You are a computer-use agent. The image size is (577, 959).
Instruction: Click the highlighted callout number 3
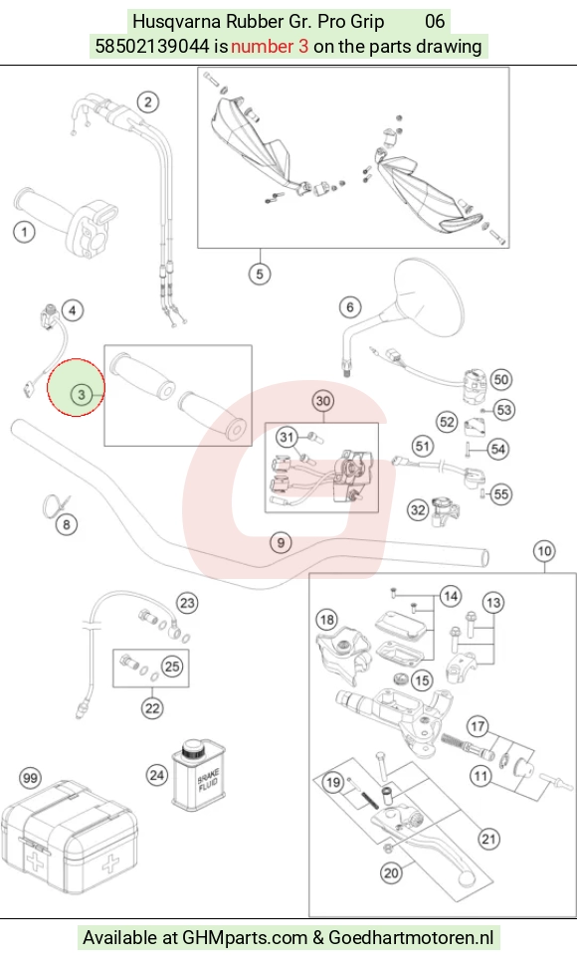(82, 395)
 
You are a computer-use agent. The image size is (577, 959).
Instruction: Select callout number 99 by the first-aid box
(30, 778)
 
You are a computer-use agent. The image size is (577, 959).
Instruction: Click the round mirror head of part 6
(430, 296)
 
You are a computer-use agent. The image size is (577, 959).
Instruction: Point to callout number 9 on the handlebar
(281, 542)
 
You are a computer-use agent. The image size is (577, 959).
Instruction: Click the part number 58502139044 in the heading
(152, 47)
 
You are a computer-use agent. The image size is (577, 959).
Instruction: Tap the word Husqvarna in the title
(177, 22)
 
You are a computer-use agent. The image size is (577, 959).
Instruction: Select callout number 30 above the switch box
(323, 401)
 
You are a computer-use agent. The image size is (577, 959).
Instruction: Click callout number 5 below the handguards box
(260, 274)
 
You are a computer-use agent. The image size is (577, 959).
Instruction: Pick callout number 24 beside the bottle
(156, 776)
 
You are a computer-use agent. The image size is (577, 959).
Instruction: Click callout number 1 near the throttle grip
(25, 232)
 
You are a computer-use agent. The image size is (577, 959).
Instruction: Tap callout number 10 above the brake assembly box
(544, 551)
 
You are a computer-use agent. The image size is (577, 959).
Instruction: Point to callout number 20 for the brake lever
(392, 872)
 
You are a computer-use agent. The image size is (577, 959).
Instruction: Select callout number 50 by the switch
(501, 379)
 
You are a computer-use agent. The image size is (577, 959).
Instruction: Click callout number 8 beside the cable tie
(67, 524)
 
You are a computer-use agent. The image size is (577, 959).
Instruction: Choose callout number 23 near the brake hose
(187, 603)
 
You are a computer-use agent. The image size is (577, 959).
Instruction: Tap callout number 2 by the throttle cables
(148, 101)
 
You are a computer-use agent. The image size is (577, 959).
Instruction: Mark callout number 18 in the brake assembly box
(327, 620)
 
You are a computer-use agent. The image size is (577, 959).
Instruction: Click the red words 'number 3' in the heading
(270, 47)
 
